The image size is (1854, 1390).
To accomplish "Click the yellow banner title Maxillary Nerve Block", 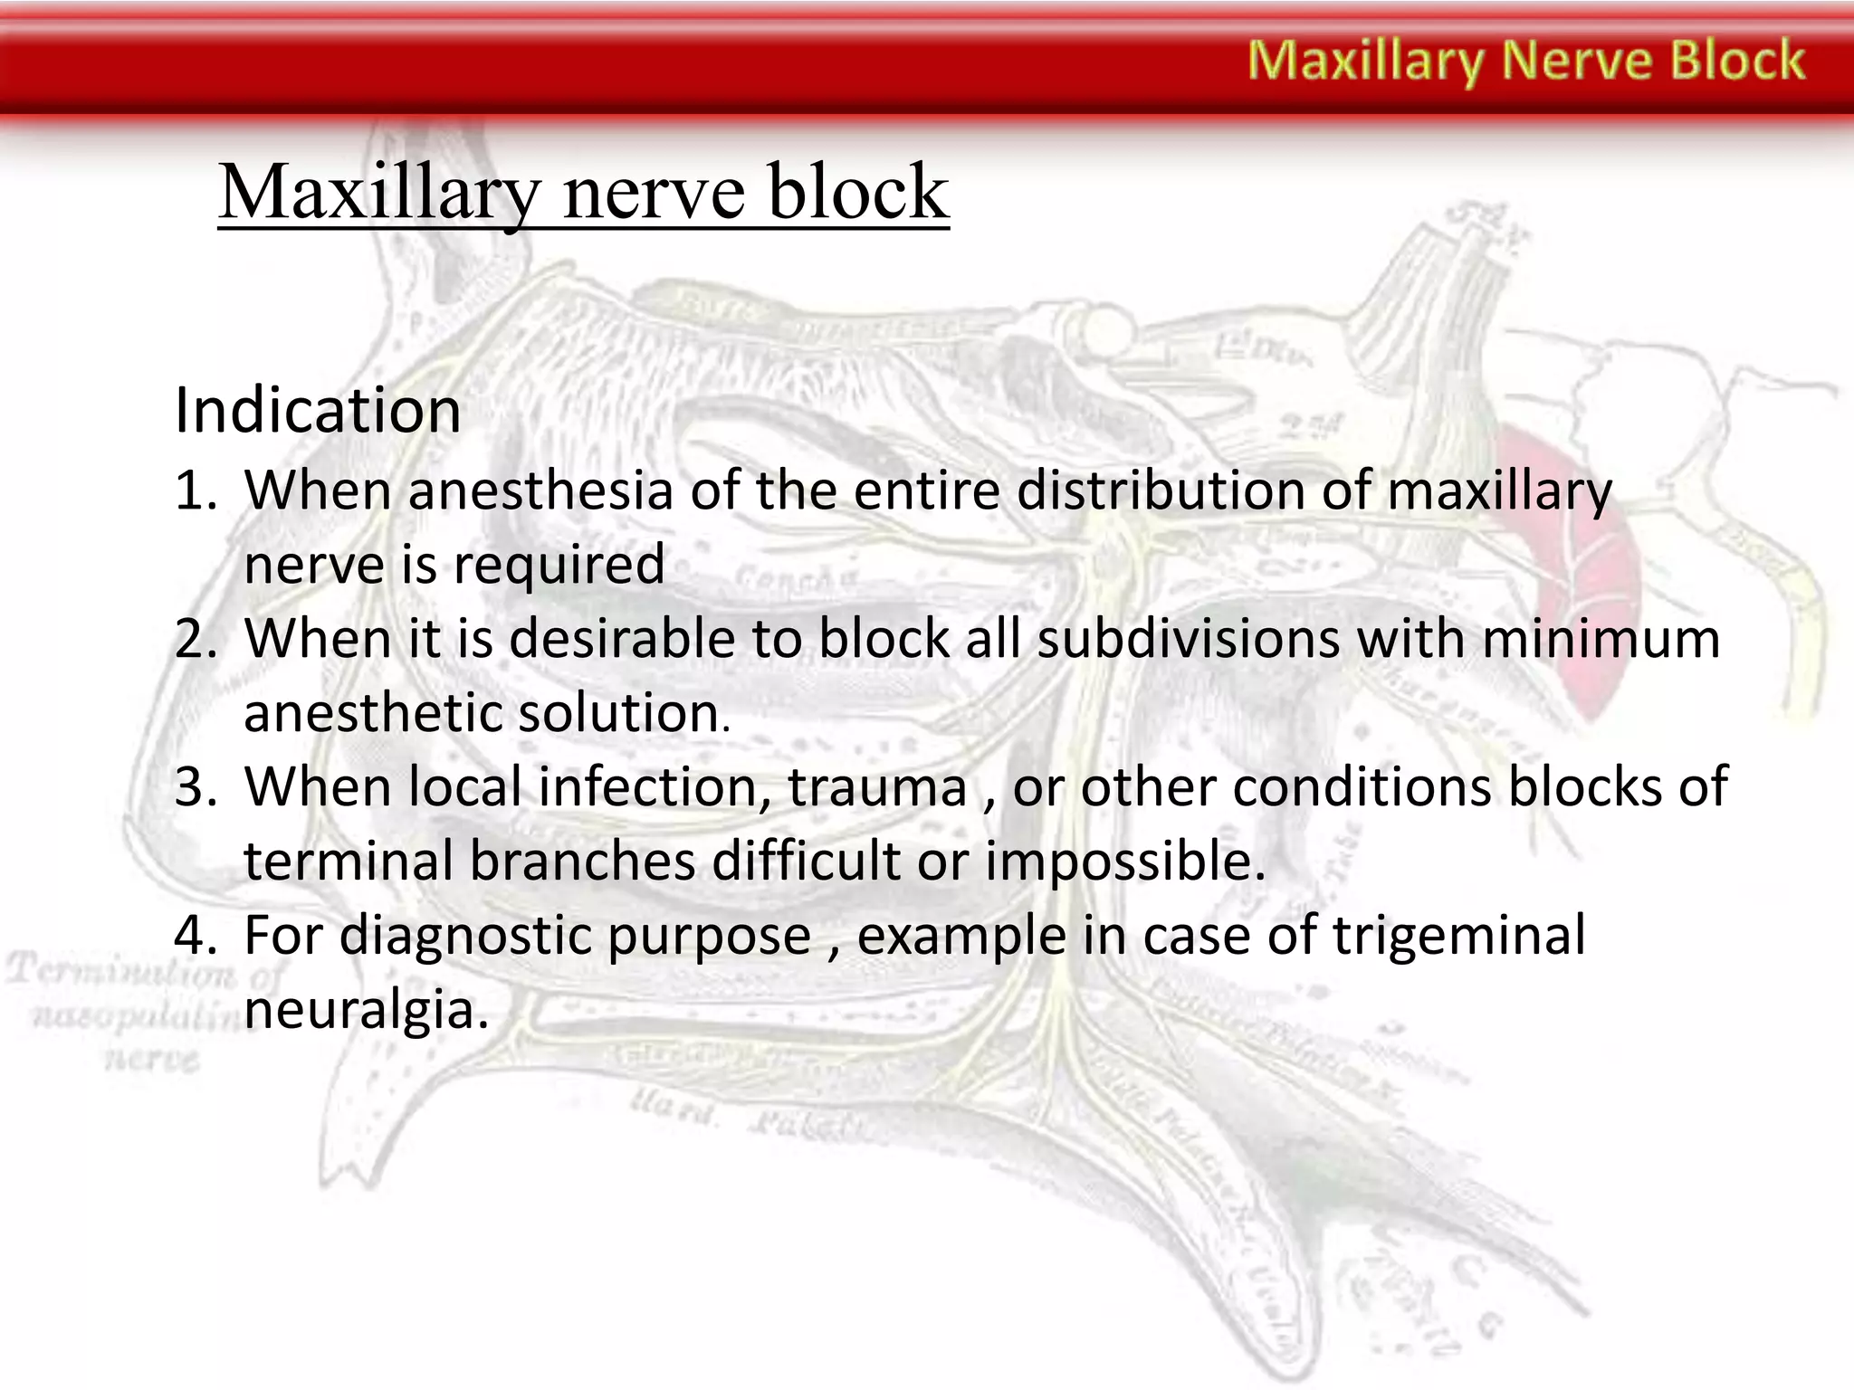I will coord(1526,62).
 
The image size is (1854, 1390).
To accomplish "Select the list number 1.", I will coord(194,491).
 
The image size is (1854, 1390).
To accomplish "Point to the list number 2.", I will coord(196,639).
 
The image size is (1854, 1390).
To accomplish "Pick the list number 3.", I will coord(196,786).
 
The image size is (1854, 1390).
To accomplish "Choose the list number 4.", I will coord(196,935).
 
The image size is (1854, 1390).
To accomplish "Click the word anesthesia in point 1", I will coord(540,491).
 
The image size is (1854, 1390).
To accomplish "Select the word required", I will coord(559,566).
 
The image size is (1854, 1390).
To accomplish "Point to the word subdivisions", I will coord(1188,639).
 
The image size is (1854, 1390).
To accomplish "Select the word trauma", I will coord(878,786).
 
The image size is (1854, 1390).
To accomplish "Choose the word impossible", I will coord(1124,861).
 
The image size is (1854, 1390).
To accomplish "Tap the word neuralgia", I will coord(366,1010).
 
